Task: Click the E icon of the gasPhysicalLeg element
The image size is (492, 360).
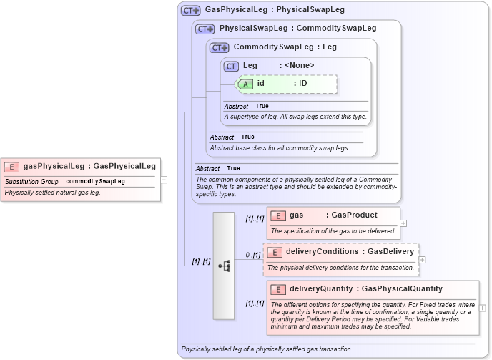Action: point(11,166)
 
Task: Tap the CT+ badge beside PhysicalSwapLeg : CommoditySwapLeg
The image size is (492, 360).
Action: point(205,29)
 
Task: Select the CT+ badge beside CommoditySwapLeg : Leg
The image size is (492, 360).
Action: point(219,47)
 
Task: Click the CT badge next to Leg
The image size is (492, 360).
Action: point(231,66)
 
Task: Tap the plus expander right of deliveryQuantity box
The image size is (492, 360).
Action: point(483,308)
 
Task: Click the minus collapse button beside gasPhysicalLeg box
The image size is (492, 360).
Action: point(164,180)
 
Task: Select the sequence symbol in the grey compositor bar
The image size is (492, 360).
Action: point(224,265)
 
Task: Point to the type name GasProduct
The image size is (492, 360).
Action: point(354,215)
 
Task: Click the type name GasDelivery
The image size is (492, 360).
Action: point(390,252)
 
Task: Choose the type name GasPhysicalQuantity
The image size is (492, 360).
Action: point(403,289)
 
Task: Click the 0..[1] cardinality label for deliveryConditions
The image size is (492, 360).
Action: point(252,255)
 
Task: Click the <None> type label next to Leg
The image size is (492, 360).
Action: point(299,66)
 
